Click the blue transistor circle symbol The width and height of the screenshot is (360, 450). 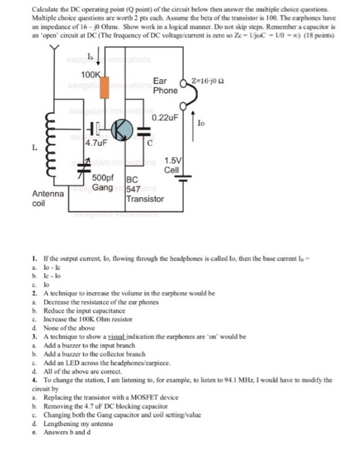coord(120,129)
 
